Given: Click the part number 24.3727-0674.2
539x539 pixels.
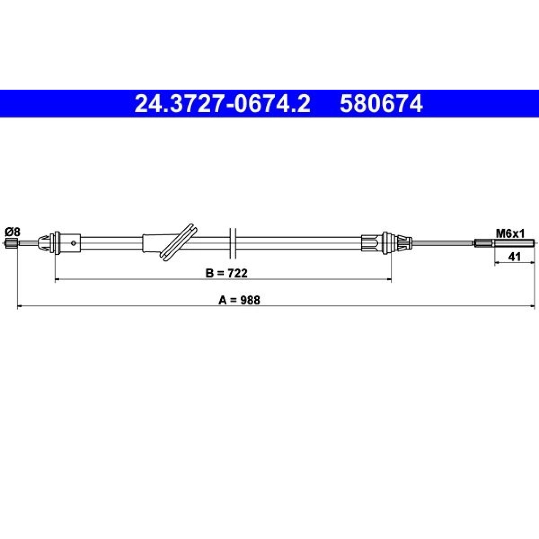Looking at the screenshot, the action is pos(222,103).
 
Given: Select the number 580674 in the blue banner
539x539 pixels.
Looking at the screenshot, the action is pos(381,103).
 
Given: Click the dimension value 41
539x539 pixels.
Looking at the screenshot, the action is pos(514,257).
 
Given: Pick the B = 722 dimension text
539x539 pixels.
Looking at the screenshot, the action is pos(226,273).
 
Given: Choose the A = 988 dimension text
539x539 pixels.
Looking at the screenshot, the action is pos(239,300).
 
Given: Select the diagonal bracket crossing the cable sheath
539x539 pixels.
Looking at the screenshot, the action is pos(179,242).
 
